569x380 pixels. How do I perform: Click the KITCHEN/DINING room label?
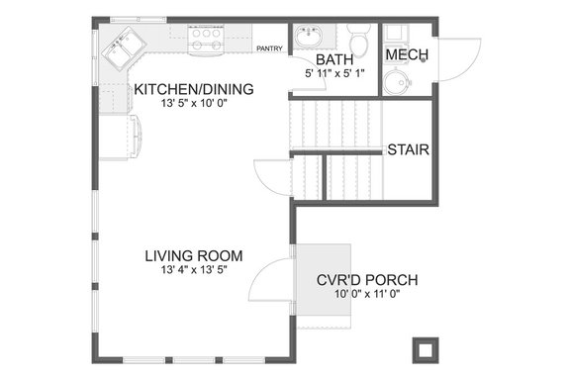point(194,89)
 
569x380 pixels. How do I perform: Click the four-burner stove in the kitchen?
point(205,39)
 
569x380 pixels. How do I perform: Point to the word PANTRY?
point(269,47)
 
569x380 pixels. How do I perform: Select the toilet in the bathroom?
point(361,43)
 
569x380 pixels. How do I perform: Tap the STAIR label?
point(407,150)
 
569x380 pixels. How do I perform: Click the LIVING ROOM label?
point(187,255)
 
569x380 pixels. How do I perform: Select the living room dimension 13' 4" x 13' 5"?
point(187,270)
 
